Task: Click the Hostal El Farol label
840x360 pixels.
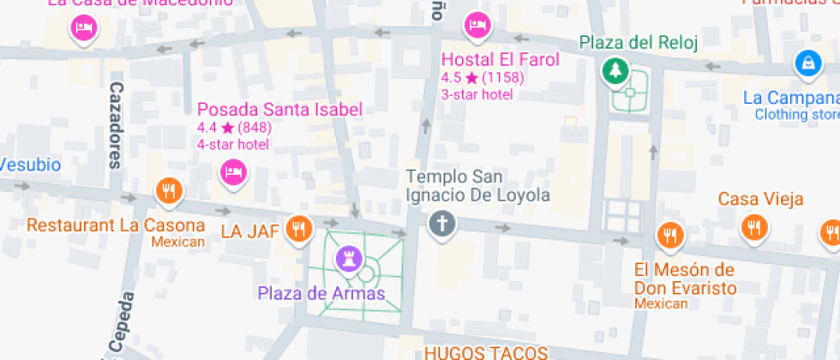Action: point(500,60)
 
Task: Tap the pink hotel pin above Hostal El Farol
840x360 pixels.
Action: point(477,25)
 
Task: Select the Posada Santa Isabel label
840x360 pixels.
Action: point(279,110)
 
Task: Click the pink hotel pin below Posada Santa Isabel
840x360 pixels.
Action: point(232,171)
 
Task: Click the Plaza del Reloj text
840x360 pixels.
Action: point(639,42)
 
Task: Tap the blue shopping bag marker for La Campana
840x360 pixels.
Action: point(806,62)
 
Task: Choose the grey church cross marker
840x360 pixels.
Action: point(442,224)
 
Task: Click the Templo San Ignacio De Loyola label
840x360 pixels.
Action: point(477,186)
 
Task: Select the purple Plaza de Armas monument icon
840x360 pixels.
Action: point(349,256)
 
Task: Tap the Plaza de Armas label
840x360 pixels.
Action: point(321,293)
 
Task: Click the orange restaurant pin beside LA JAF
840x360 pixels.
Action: point(297,229)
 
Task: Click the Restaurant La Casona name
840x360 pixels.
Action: point(116,226)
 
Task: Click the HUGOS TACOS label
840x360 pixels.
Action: point(486,352)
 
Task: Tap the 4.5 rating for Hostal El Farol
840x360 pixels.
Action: point(451,77)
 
